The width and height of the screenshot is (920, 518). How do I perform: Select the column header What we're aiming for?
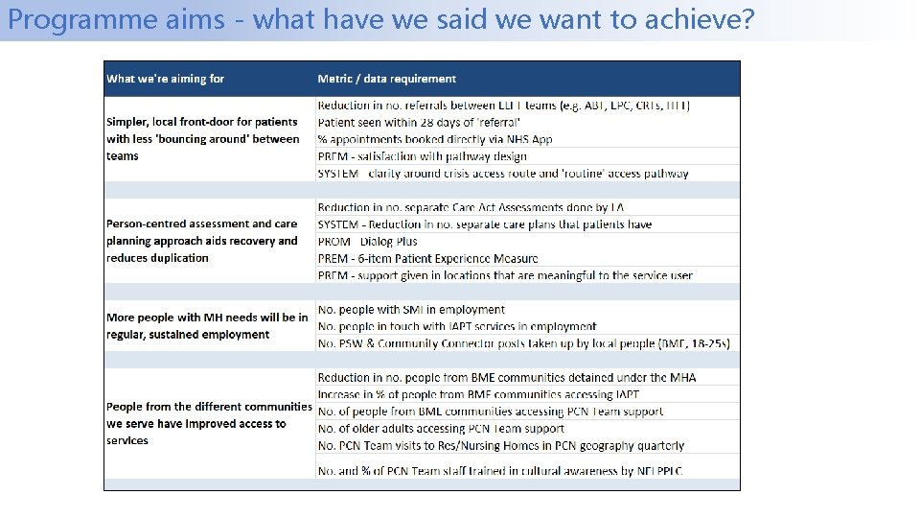tap(166, 79)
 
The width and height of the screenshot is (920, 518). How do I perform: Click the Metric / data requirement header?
tap(386, 79)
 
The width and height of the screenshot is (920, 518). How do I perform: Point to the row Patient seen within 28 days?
tap(419, 122)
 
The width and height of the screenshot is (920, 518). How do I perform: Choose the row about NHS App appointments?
tap(435, 139)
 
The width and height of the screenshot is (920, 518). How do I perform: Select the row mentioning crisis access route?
tap(502, 174)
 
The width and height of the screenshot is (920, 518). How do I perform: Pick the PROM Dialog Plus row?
tap(367, 242)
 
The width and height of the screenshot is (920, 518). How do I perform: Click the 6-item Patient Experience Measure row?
tap(427, 259)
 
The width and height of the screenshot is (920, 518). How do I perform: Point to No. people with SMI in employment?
tap(411, 310)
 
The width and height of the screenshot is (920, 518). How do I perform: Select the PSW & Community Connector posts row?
tap(523, 343)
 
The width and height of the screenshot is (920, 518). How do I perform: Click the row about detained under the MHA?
tap(507, 378)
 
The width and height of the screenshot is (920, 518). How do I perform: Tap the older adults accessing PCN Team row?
tap(441, 429)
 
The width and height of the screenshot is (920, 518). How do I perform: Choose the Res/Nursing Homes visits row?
tap(500, 446)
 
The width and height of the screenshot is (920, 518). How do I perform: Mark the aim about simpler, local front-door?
tap(202, 139)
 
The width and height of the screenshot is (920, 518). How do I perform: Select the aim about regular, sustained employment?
tap(207, 326)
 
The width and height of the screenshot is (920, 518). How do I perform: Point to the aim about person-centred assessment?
tap(202, 241)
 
